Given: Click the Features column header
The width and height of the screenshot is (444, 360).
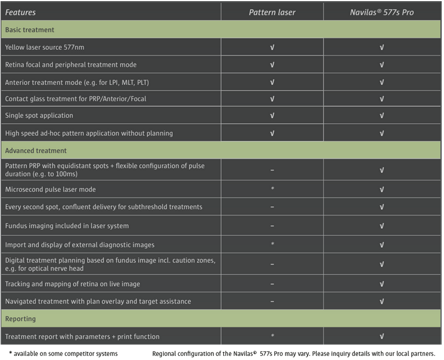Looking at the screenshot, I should coord(21,12).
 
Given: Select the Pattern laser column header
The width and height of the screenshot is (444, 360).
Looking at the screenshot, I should coord(272,12).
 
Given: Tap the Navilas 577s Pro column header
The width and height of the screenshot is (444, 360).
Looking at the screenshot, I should coord(382,12).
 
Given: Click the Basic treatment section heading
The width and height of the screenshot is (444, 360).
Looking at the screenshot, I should coord(30,29).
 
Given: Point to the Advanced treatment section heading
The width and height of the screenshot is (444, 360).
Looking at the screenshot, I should coord(36,151).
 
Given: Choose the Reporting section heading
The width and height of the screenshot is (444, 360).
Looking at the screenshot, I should coord(20,318).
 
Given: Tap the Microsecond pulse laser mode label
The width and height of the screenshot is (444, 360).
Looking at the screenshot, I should coord(50,190).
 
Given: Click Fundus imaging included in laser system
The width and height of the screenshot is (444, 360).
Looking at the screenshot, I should coord(67,226).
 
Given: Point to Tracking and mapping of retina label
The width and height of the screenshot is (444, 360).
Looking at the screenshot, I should coord(72,284).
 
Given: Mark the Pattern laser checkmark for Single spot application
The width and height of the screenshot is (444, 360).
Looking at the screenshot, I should coord(272,116).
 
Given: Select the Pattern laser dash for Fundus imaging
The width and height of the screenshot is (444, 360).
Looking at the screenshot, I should coord(272,226).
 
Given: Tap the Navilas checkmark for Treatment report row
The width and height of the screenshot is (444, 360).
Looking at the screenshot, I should coord(382,336).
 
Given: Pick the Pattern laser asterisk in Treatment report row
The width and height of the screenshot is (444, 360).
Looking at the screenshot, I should coord(272,336).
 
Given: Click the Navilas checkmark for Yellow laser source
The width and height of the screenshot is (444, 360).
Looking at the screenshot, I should coord(382,47).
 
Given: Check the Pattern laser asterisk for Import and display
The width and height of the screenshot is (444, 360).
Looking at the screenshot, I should coord(272,244).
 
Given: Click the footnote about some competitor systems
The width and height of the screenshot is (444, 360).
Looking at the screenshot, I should coord(63,353).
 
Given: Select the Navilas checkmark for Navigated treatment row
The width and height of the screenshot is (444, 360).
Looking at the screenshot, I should coord(382,302).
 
